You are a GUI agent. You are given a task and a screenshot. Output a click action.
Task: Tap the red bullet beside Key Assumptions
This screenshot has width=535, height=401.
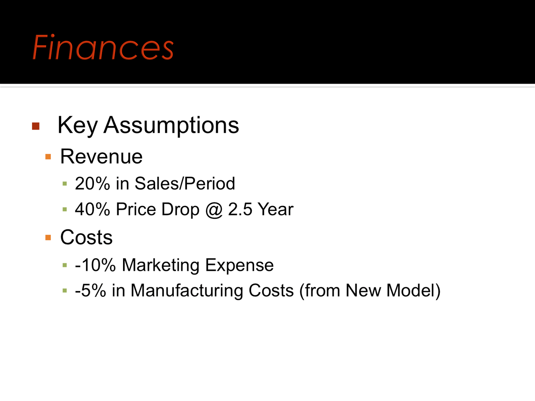36,126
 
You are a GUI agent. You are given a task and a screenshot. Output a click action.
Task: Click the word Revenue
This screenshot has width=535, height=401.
101,157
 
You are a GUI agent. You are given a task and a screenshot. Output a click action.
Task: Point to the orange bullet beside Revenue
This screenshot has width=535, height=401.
48,157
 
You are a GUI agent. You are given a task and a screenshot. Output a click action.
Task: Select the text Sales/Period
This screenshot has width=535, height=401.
185,183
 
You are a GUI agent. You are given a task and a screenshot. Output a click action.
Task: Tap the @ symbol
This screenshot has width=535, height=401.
214,210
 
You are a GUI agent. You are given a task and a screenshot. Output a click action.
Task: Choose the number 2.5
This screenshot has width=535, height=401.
240,209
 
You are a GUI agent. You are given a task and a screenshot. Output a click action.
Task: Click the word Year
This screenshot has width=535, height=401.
276,209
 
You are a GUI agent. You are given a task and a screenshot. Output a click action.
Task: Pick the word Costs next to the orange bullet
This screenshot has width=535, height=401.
86,237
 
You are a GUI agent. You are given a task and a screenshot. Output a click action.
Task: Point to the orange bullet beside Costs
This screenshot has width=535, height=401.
48,238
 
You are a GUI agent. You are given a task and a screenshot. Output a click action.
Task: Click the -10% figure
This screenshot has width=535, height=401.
95,265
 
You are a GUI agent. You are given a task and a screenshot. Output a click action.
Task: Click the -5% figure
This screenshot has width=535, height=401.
91,291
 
